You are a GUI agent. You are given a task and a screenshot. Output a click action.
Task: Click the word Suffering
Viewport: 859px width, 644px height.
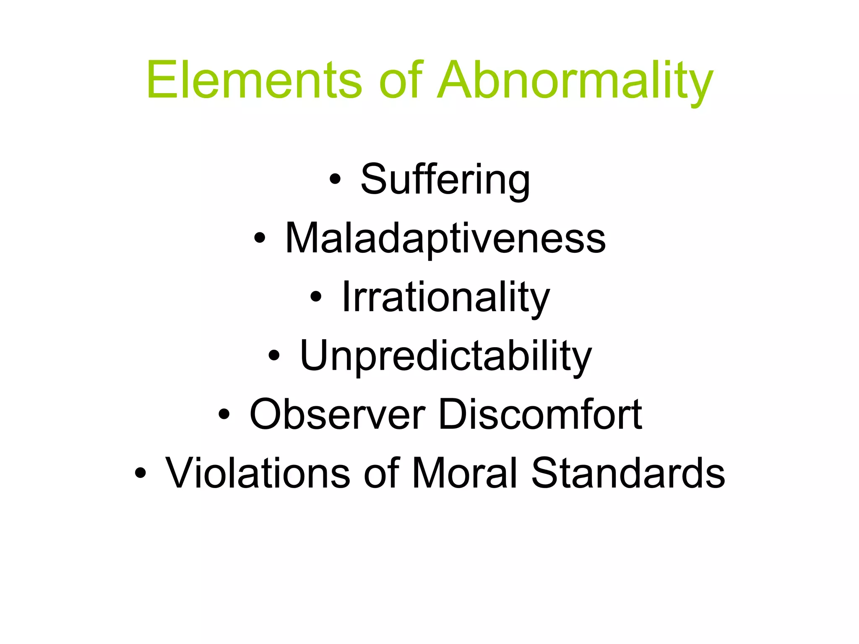tap(445, 179)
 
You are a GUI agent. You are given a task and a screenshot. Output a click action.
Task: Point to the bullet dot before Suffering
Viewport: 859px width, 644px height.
tap(335, 179)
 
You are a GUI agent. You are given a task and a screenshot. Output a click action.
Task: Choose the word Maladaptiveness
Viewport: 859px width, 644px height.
tap(445, 238)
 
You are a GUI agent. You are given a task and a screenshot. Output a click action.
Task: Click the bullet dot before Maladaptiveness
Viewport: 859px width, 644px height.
tap(260, 238)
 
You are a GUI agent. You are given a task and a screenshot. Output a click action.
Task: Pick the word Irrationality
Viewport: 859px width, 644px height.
tap(445, 297)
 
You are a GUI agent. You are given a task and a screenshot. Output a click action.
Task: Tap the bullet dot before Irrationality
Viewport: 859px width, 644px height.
tap(316, 297)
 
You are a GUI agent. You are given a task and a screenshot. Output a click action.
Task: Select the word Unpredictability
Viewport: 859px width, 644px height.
tap(445, 356)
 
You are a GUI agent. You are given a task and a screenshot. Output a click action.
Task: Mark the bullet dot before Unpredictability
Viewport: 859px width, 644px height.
tap(274, 356)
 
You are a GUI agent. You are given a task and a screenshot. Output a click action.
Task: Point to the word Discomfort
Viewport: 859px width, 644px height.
tap(540, 414)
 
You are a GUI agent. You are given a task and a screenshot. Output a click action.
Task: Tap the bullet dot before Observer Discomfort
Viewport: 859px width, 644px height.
tap(224, 414)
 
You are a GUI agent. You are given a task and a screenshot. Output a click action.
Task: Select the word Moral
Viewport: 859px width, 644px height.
tap(465, 473)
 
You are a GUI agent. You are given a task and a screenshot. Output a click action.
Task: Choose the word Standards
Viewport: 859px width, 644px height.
tap(628, 473)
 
